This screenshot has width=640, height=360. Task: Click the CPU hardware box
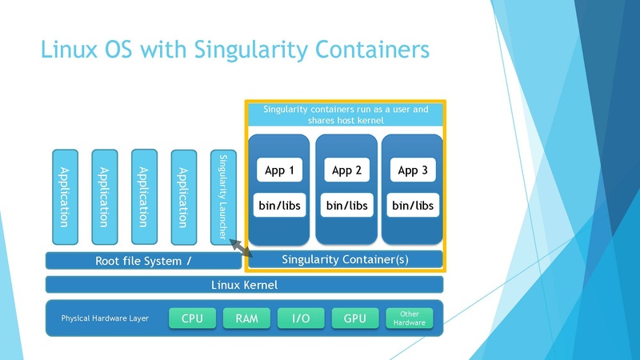pyautogui.click(x=193, y=318)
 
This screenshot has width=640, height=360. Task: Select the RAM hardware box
pyautogui.click(x=246, y=318)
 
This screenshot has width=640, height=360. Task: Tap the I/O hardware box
pyautogui.click(x=301, y=318)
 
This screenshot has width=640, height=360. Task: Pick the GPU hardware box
pyautogui.click(x=354, y=318)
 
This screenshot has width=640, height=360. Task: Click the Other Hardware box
pyautogui.click(x=409, y=318)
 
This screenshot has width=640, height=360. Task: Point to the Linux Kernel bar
pyautogui.click(x=244, y=285)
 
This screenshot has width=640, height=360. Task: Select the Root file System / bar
pyautogui.click(x=143, y=261)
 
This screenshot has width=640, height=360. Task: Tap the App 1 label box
pyautogui.click(x=279, y=170)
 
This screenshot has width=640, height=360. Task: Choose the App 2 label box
pyautogui.click(x=346, y=170)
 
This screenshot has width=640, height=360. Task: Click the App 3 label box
pyautogui.click(x=413, y=170)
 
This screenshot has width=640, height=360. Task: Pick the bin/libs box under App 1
pyautogui.click(x=279, y=206)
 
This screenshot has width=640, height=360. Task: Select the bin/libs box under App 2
pyautogui.click(x=346, y=206)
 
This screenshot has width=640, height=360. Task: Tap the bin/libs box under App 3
pyautogui.click(x=413, y=206)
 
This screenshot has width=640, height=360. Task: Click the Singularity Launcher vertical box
pyautogui.click(x=223, y=197)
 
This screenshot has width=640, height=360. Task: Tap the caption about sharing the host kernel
pyautogui.click(x=346, y=114)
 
